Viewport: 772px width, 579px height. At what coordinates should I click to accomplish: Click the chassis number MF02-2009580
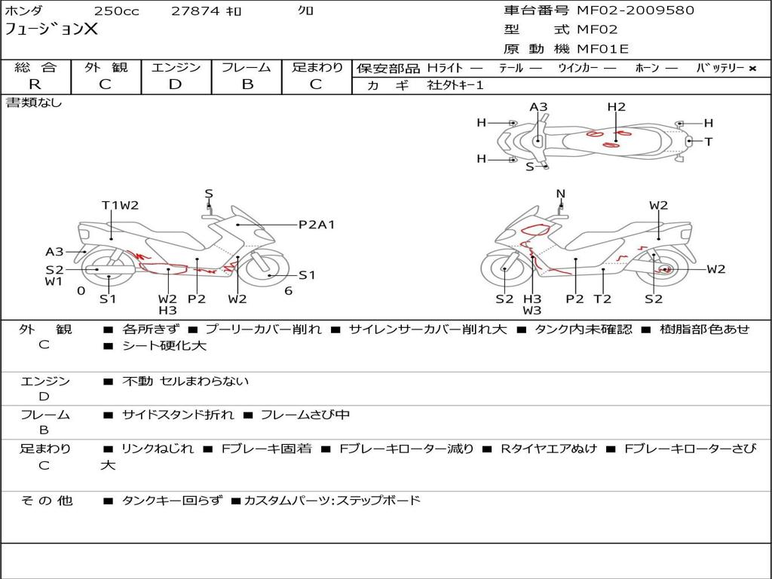[636, 11]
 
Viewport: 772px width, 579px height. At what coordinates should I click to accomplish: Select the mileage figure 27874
[195, 11]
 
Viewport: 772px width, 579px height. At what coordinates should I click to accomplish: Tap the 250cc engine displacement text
[117, 11]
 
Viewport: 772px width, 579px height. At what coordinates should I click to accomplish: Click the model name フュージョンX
[51, 29]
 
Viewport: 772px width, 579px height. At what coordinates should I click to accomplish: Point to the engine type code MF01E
[602, 49]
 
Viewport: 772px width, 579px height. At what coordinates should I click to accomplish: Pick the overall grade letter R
[35, 84]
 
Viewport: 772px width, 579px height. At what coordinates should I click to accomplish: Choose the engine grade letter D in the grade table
[175, 84]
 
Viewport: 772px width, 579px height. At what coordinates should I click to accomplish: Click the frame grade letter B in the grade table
[247, 84]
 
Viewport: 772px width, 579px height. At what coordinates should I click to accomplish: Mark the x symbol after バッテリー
[752, 69]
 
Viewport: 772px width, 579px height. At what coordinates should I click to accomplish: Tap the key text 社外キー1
[455, 85]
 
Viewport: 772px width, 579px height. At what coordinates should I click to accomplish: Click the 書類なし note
[33, 103]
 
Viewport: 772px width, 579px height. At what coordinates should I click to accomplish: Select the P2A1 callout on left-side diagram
[317, 225]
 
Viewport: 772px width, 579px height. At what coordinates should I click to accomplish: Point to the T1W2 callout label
[120, 205]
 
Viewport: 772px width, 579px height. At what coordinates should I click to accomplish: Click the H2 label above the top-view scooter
[616, 107]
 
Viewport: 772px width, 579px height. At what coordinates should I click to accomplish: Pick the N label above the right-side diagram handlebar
[560, 194]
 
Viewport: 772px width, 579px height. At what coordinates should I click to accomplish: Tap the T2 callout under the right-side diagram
[602, 299]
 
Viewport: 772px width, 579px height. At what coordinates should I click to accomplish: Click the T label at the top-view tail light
[709, 142]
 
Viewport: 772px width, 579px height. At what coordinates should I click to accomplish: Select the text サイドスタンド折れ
[178, 415]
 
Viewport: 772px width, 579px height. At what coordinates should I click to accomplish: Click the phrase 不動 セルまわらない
[185, 381]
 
